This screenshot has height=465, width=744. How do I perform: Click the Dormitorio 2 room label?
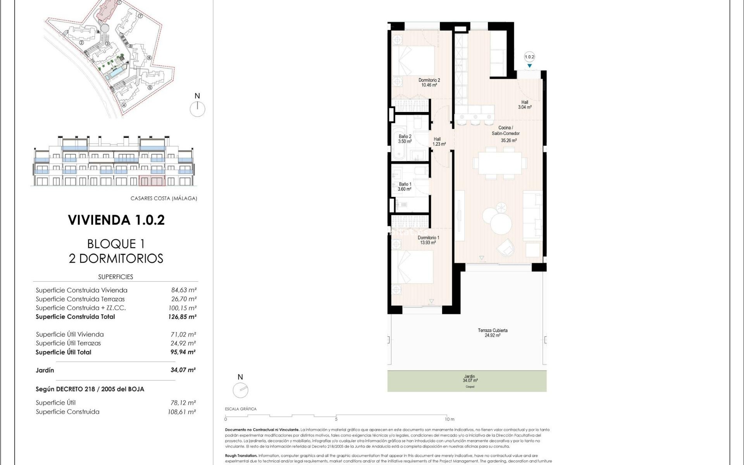(429, 83)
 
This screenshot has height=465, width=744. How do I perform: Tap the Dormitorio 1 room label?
(428, 240)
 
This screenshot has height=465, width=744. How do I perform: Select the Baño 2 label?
(405, 139)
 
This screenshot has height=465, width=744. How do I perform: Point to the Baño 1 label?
(405, 186)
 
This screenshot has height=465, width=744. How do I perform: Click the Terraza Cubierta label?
(493, 333)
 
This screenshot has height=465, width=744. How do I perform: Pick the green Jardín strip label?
(470, 379)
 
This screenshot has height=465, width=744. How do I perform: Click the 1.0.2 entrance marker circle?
(529, 57)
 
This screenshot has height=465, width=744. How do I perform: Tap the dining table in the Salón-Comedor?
(500, 163)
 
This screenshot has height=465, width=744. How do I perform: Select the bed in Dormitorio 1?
(412, 267)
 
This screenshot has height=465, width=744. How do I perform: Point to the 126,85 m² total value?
(182, 317)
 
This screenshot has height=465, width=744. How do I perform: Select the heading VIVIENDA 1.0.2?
(116, 220)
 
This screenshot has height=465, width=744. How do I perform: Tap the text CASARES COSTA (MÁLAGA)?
(164, 198)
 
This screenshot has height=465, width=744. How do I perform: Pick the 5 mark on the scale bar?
(336, 419)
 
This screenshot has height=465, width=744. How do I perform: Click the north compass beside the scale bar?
(240, 390)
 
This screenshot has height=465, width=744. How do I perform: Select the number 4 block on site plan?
(124, 105)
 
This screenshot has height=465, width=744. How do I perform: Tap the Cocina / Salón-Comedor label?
(506, 131)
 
